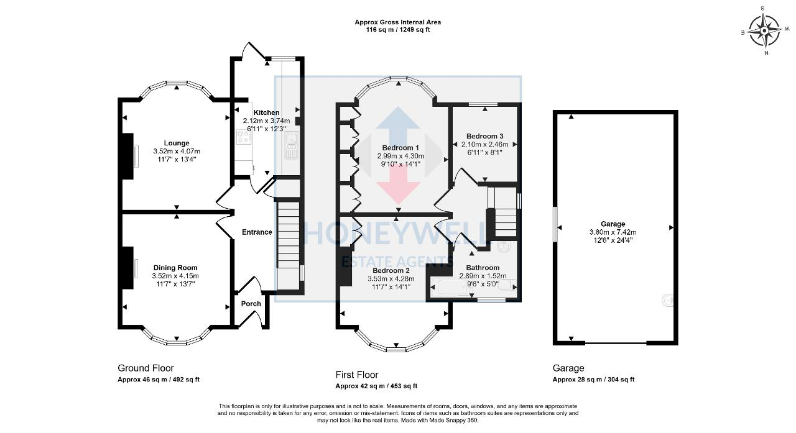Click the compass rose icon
click(x=764, y=29)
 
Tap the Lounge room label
click(x=177, y=143)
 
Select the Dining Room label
click(x=176, y=268)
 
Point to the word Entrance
click(x=257, y=232)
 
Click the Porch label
click(x=251, y=304)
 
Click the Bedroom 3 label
click(x=484, y=136)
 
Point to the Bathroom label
click(x=483, y=268)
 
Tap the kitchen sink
click(x=291, y=146)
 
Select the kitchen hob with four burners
click(x=243, y=137)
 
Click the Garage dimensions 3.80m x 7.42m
click(x=613, y=232)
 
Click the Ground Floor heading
click(x=146, y=368)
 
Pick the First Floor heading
click(x=357, y=375)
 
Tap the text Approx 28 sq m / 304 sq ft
click(x=593, y=380)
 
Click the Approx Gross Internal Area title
click(x=398, y=22)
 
